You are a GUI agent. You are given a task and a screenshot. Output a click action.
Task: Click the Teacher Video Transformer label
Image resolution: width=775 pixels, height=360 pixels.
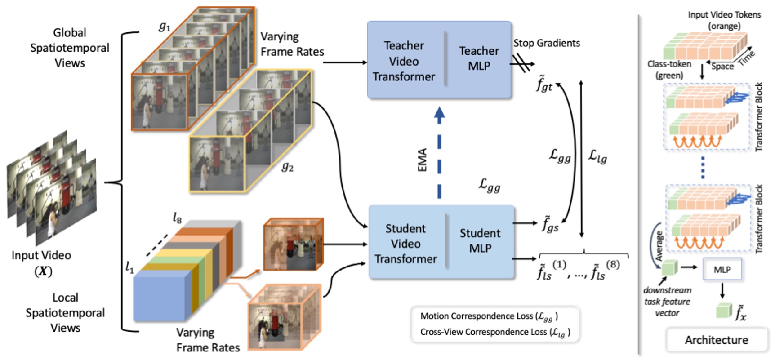pos(403,61)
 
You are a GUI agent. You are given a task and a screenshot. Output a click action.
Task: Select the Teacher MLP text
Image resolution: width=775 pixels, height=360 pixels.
pos(479,58)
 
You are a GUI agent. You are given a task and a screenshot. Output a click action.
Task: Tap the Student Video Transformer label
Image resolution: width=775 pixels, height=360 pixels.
pos(405,244)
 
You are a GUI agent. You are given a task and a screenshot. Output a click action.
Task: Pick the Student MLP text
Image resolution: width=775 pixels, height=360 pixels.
pos(480,240)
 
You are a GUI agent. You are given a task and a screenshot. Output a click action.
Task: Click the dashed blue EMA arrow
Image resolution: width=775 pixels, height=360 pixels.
pos(439,153)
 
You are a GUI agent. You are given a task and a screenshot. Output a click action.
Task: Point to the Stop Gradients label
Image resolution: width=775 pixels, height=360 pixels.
pos(547,43)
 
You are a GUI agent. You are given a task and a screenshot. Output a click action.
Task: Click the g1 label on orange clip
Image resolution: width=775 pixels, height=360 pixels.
pos(165,27)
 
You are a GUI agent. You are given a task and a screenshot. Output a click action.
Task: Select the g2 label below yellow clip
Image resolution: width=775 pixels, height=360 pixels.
pos(287,167)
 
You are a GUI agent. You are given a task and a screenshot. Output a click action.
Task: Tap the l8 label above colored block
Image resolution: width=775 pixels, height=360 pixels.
pos(177,218)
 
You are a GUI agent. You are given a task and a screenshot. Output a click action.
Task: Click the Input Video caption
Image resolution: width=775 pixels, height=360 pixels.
pos(41,255)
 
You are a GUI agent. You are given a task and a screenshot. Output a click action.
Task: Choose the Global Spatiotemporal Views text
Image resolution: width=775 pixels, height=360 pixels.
pos(70,48)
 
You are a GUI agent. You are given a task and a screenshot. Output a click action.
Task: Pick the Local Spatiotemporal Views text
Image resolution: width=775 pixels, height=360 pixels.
pos(65,312)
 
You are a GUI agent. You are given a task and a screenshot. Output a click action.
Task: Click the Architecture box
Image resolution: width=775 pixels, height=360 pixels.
pos(716,340)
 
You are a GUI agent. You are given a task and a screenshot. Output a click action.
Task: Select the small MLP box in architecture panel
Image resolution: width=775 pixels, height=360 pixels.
pos(722,269)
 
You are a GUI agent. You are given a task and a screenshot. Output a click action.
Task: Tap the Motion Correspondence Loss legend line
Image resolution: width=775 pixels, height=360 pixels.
pos(489,316)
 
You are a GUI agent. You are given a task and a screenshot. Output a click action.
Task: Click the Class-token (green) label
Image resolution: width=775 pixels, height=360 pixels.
pos(669,69)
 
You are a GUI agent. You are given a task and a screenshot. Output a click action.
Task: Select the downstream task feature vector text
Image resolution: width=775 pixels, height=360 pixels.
pos(667,302)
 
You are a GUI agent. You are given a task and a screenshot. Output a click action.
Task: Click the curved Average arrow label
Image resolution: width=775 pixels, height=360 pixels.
pos(659,246)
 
